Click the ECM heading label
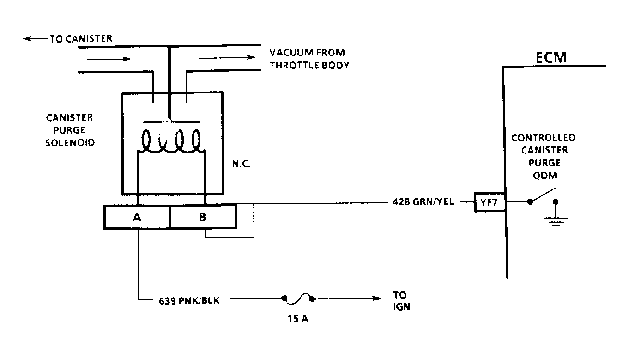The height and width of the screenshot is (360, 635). tap(551, 58)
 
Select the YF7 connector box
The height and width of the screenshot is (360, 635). tap(490, 202)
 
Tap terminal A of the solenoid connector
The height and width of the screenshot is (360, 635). tap(137, 217)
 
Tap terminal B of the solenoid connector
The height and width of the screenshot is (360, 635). tap(203, 217)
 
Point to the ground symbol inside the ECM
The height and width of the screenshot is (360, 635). tap(556, 220)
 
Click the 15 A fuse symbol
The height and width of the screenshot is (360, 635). tap(298, 299)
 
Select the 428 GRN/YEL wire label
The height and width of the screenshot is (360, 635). tap(423, 201)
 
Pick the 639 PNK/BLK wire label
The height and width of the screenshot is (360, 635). tap(189, 300)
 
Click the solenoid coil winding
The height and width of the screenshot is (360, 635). tap(171, 141)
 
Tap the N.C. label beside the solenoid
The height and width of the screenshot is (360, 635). tap(241, 164)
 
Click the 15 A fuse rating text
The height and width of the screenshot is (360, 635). tap(298, 319)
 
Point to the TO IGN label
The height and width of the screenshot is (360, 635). tap(402, 301)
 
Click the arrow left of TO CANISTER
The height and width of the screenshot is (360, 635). tap(35, 38)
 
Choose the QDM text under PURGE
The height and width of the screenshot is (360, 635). tap(545, 176)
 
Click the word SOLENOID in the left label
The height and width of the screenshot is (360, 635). tap(70, 143)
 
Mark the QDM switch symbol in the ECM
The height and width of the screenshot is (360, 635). tap(542, 196)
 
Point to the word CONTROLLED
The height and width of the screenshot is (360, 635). tap(544, 138)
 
